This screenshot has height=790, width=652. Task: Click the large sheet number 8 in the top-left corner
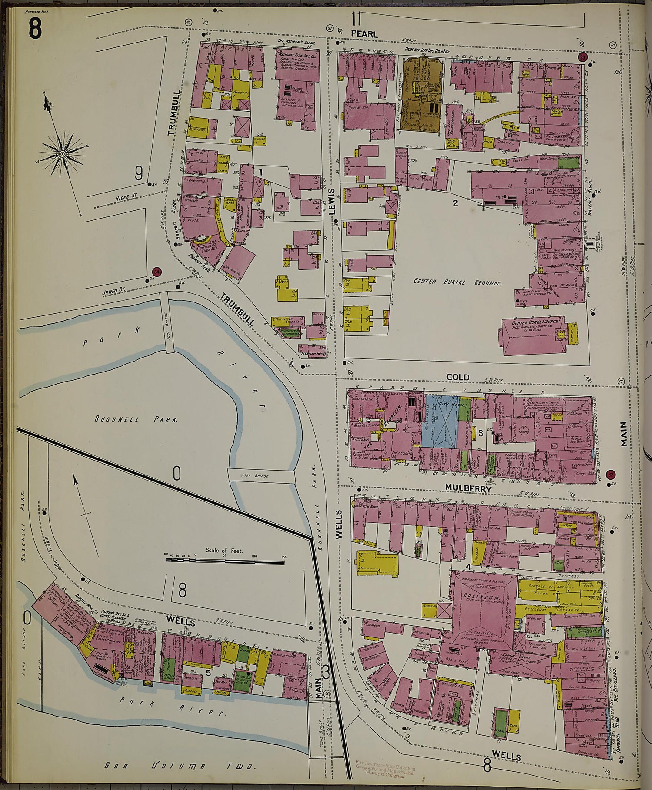pos(35,29)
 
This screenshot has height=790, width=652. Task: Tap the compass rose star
pos(63,153)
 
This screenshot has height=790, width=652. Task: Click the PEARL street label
pos(364,34)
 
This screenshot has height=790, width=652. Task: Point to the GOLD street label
pos(458,377)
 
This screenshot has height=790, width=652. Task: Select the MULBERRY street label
pos(468,488)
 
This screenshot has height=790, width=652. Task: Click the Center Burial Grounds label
pos(457,282)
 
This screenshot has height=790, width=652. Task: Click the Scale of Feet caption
pos(224,551)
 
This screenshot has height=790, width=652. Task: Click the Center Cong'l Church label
pos(532,323)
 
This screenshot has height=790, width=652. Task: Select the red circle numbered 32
pos(611,475)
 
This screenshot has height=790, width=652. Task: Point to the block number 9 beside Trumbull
pos(138,174)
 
